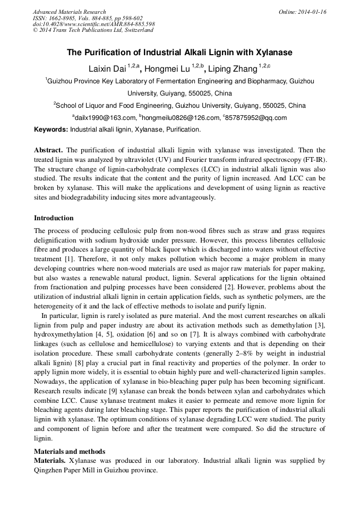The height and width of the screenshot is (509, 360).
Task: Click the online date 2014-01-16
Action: [303, 12]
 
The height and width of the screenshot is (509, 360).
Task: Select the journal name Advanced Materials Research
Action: [70, 12]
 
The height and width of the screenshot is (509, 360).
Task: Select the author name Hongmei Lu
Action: [166, 69]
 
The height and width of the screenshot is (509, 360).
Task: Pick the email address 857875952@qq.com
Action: [256, 118]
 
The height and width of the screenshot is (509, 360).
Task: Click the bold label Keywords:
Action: [51, 130]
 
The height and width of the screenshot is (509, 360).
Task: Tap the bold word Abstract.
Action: [48, 150]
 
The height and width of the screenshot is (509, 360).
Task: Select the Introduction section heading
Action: [54, 218]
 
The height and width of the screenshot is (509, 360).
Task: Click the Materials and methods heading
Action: [70, 451]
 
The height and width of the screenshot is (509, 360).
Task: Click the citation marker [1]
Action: [70, 260]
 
